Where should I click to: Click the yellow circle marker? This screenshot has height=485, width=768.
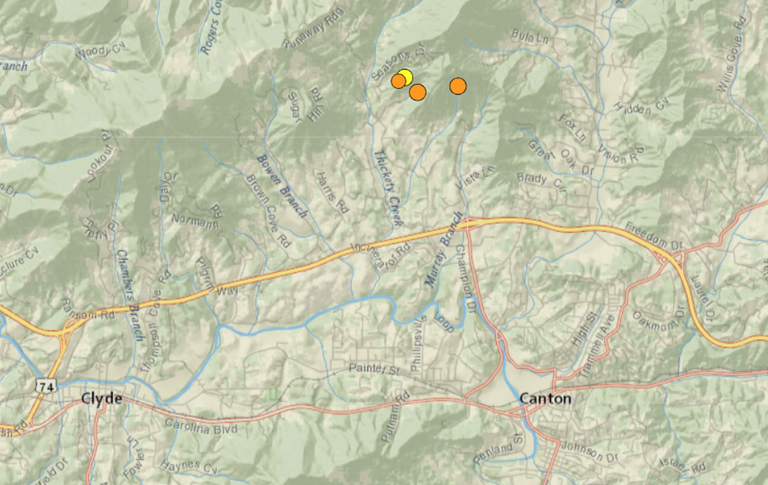pyautogui.click(x=405, y=77)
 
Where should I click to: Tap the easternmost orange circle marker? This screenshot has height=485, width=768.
pyautogui.click(x=458, y=86)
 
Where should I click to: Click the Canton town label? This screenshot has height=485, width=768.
pyautogui.click(x=545, y=399)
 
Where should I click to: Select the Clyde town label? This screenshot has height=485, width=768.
pyautogui.click(x=102, y=399)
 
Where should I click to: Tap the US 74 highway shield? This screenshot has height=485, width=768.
pyautogui.click(x=45, y=386)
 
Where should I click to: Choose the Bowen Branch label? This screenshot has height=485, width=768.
pyautogui.click(x=282, y=185)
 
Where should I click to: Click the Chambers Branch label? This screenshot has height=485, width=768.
pyautogui.click(x=129, y=295)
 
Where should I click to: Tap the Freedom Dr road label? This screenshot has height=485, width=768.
pyautogui.click(x=655, y=234)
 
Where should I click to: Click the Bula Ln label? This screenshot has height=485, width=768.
pyautogui.click(x=530, y=35)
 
